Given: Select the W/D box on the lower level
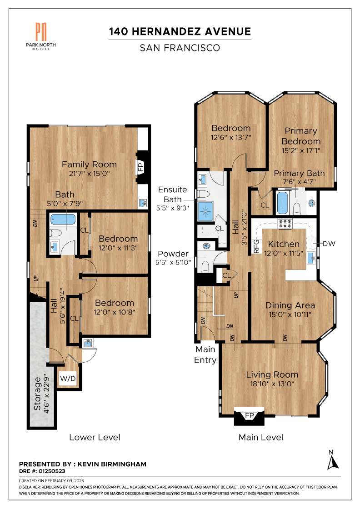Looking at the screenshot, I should point(68,378).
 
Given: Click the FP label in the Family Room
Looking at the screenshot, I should point(141,167).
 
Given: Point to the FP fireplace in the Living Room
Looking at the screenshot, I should point(249,416).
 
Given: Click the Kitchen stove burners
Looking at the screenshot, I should point(285,224).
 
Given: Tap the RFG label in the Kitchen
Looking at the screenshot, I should point(256,245).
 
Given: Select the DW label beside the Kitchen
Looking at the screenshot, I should point(329,244).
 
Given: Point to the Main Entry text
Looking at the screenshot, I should point(205,354).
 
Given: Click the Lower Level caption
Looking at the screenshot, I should point(95,437).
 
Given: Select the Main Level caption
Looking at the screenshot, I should point(261,437).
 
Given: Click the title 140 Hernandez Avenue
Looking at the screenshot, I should point(180,31).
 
